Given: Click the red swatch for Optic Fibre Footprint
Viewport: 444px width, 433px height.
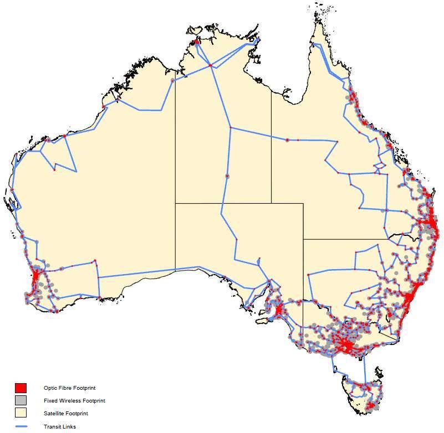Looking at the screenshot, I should pos(21,388).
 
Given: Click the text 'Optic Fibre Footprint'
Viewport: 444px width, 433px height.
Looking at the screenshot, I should pos(66,388).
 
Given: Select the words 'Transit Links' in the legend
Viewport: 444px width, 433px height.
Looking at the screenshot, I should pos(59,426).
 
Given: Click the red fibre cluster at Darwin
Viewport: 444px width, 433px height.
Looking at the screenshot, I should pos(197,43).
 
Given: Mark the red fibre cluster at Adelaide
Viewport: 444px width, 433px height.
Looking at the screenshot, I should pos(278,309).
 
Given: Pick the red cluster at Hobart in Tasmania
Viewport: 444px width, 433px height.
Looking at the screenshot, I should pos(369,408).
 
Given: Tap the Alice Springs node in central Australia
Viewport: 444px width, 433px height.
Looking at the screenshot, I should pos(227,176).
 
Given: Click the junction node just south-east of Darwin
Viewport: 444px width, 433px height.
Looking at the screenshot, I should pos(210,66).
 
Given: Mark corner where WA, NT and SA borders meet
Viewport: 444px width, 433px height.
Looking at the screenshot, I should pos(176,203).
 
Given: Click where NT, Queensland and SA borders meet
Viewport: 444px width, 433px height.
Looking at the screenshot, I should pos(271,203).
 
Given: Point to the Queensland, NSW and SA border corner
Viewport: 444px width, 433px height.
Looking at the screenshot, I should pos(303,239).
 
